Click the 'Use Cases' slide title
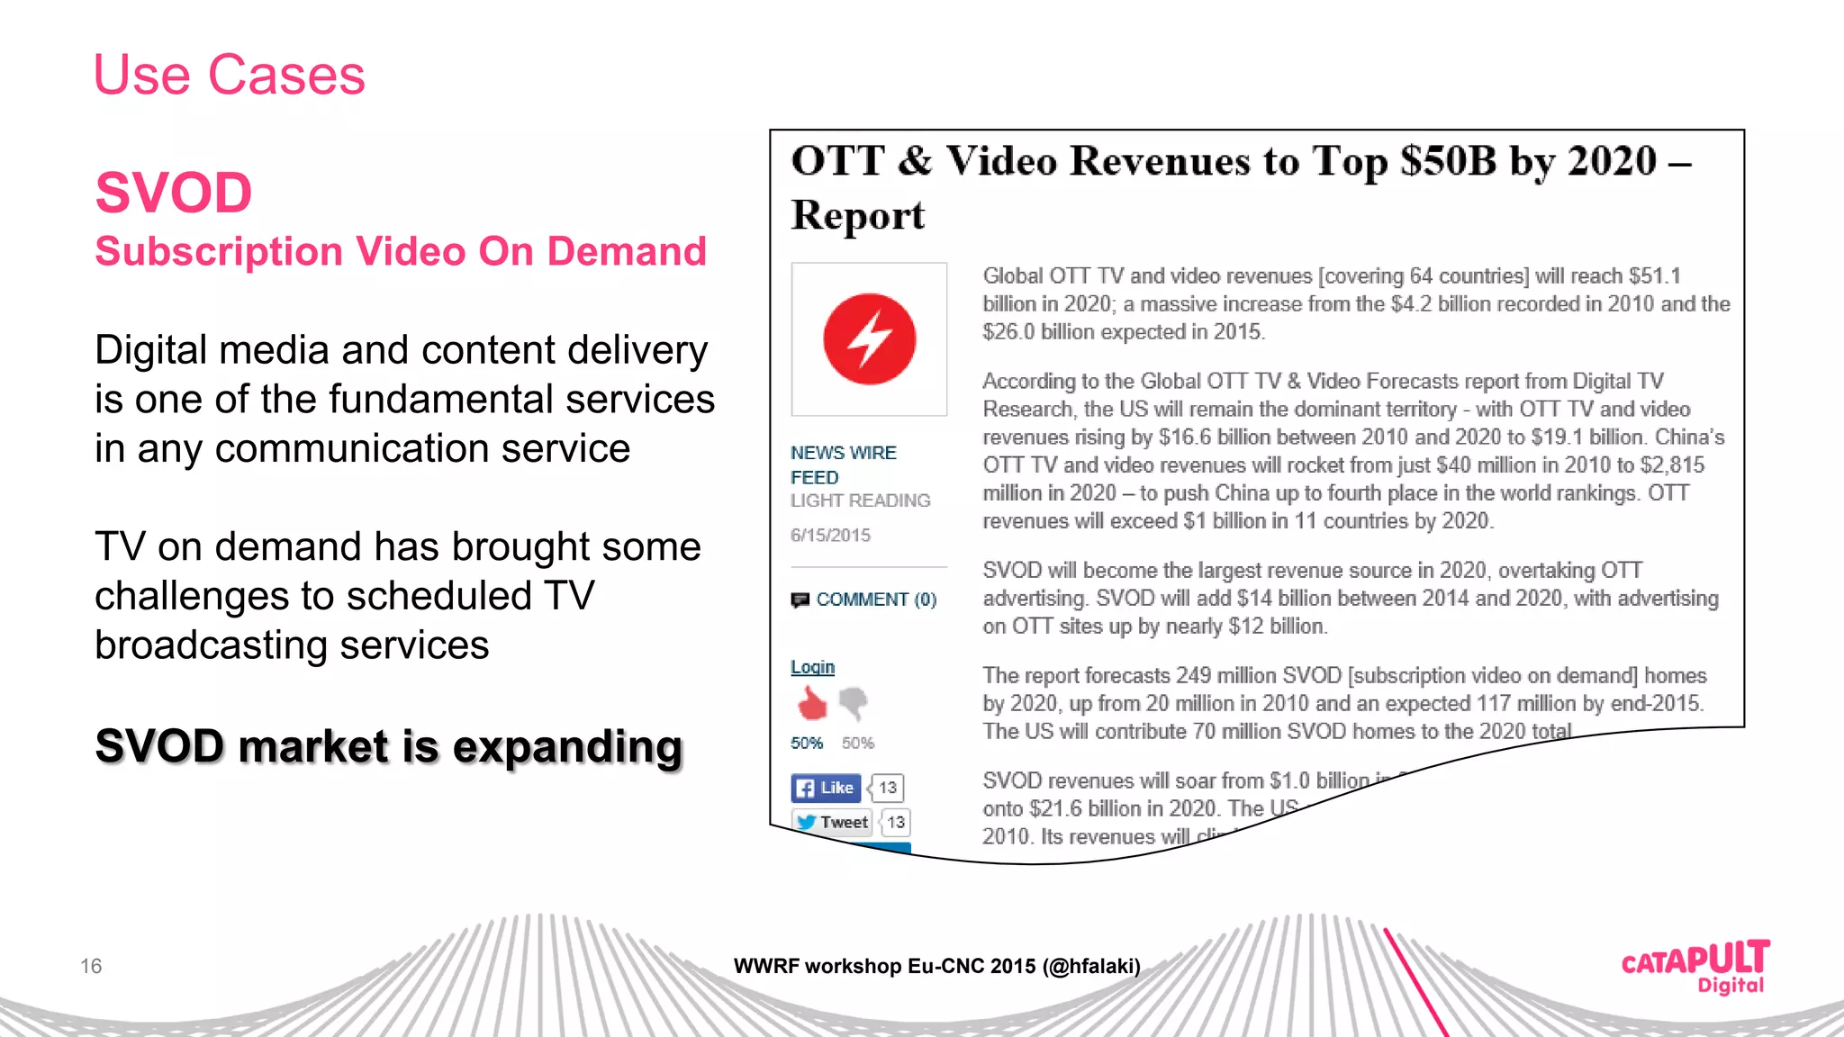pyautogui.click(x=230, y=75)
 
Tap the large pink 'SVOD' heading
pyautogui.click(x=174, y=193)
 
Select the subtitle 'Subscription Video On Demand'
pyautogui.click(x=401, y=252)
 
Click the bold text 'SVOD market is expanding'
pyautogui.click(x=389, y=747)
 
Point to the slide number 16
pyautogui.click(x=91, y=967)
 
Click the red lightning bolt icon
pyautogui.click(x=869, y=339)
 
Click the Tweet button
pyautogui.click(x=833, y=822)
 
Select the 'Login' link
pyautogui.click(x=812, y=667)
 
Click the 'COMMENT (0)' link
pyautogui.click(x=875, y=600)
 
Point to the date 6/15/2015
pyautogui.click(x=830, y=536)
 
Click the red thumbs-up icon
pyautogui.click(x=812, y=703)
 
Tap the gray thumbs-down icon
pyautogui.click(x=854, y=702)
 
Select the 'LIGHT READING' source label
pyautogui.click(x=860, y=500)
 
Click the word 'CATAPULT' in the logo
pyautogui.click(x=1695, y=959)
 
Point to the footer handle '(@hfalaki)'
pyautogui.click(x=1091, y=967)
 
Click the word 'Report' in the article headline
pyautogui.click(x=857, y=216)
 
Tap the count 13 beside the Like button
pyautogui.click(x=888, y=788)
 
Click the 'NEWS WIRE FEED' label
pyautogui.click(x=843, y=464)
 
